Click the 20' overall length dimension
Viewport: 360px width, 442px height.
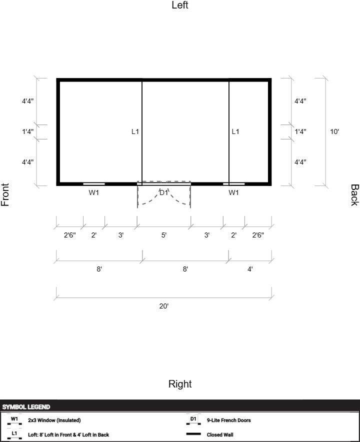coord(164,306)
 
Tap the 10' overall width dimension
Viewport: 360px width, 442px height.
coord(334,132)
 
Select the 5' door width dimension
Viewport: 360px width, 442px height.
coord(164,235)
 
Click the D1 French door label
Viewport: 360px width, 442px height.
coord(164,192)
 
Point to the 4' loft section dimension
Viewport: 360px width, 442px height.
coord(250,269)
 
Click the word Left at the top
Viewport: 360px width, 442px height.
coord(180,5)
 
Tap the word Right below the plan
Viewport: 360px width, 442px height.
coord(180,384)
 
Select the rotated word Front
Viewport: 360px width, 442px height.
coord(5,195)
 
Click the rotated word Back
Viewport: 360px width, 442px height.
coord(354,195)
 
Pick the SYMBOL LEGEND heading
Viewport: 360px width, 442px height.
coord(26,407)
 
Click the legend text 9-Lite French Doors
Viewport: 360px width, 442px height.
coord(228,420)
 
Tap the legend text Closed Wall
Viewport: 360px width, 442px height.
coord(220,434)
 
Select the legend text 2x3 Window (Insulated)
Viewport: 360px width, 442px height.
coord(54,420)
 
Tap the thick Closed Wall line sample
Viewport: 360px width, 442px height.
coord(193,434)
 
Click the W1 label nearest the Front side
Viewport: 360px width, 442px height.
coord(94,192)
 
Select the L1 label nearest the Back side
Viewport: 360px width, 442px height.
coord(235,132)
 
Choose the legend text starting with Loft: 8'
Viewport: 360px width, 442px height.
coord(68,434)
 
